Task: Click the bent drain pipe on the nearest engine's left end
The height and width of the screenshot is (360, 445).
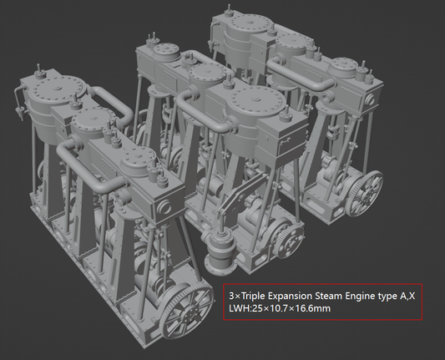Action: click(x=18, y=99)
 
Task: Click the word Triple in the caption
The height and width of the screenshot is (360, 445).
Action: click(x=255, y=295)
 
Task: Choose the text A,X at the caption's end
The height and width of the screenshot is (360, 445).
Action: click(x=418, y=295)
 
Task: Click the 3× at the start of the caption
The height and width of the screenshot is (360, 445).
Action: click(x=235, y=295)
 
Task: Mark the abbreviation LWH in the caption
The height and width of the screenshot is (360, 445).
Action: click(x=241, y=308)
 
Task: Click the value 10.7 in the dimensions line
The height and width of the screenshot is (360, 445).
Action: click(x=282, y=308)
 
